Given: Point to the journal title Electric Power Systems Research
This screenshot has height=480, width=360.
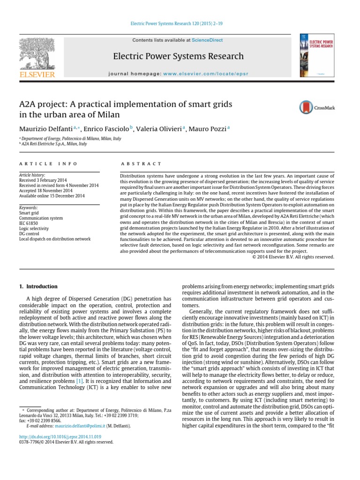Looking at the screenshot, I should tap(178, 57).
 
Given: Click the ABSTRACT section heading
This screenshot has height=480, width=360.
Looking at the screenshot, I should tap(141, 164).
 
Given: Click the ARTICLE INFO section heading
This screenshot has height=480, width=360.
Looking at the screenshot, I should tap(41, 164).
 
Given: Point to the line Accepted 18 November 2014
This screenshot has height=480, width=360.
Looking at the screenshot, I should tap(45, 191).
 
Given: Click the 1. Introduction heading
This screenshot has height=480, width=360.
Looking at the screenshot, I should tap(38, 286).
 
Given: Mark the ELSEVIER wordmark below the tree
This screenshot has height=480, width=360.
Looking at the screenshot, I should tap(37, 74).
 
